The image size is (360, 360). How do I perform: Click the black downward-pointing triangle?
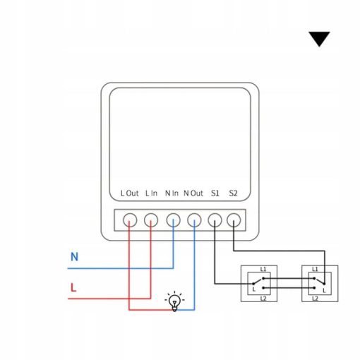[319, 39]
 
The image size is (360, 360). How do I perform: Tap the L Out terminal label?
[129, 193]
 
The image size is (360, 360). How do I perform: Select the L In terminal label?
[151, 193]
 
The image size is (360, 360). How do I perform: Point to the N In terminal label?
[172, 193]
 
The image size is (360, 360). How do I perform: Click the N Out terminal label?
[193, 193]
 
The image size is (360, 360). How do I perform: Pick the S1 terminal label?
[215, 193]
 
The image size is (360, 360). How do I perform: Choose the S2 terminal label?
[233, 193]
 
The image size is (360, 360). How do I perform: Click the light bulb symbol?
[174, 301]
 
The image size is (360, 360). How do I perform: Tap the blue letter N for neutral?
[74, 257]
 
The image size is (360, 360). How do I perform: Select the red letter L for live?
[73, 287]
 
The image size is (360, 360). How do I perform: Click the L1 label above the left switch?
[263, 269]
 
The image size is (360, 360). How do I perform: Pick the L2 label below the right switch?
[315, 299]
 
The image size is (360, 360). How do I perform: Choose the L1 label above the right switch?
[315, 269]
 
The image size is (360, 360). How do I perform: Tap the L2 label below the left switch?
[263, 299]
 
